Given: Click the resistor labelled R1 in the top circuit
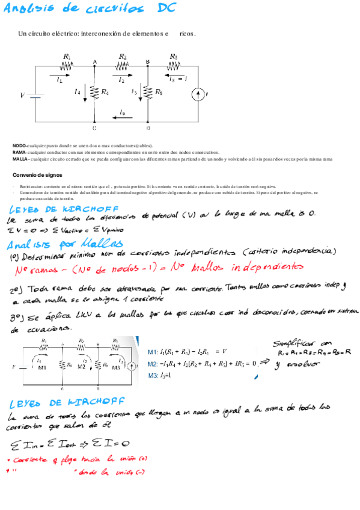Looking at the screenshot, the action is point(67,66).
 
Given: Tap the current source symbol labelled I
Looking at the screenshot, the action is point(197,94).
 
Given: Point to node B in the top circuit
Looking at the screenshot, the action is point(148,61).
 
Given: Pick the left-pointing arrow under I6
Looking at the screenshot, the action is point(122,118).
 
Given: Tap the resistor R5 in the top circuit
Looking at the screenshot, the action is point(148,92).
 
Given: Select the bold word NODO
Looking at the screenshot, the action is point(19,146).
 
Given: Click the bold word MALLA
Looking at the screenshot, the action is point(20,159).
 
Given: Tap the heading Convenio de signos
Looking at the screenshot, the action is point(37,175).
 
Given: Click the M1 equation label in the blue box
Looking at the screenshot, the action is point(153,352).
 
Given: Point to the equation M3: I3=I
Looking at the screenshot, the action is point(160,375).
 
